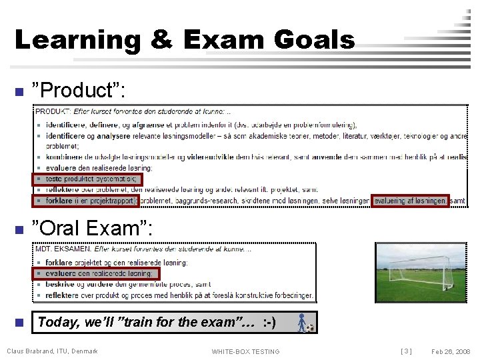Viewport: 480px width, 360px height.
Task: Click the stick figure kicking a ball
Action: click(303, 323)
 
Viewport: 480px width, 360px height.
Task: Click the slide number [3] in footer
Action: click(406, 351)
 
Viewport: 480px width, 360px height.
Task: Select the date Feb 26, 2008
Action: click(451, 351)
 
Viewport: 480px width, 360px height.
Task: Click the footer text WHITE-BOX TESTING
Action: click(245, 351)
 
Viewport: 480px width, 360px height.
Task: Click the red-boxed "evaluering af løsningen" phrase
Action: click(409, 201)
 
